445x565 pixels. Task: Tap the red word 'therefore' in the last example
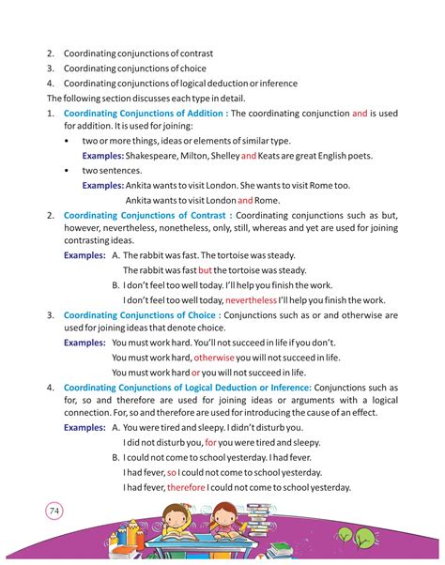pos(186,487)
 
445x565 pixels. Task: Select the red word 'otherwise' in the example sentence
pos(214,358)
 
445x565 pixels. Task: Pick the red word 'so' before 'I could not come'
pos(172,473)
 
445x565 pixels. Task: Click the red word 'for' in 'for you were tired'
pos(211,442)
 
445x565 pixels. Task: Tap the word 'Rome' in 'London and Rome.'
pos(267,200)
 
